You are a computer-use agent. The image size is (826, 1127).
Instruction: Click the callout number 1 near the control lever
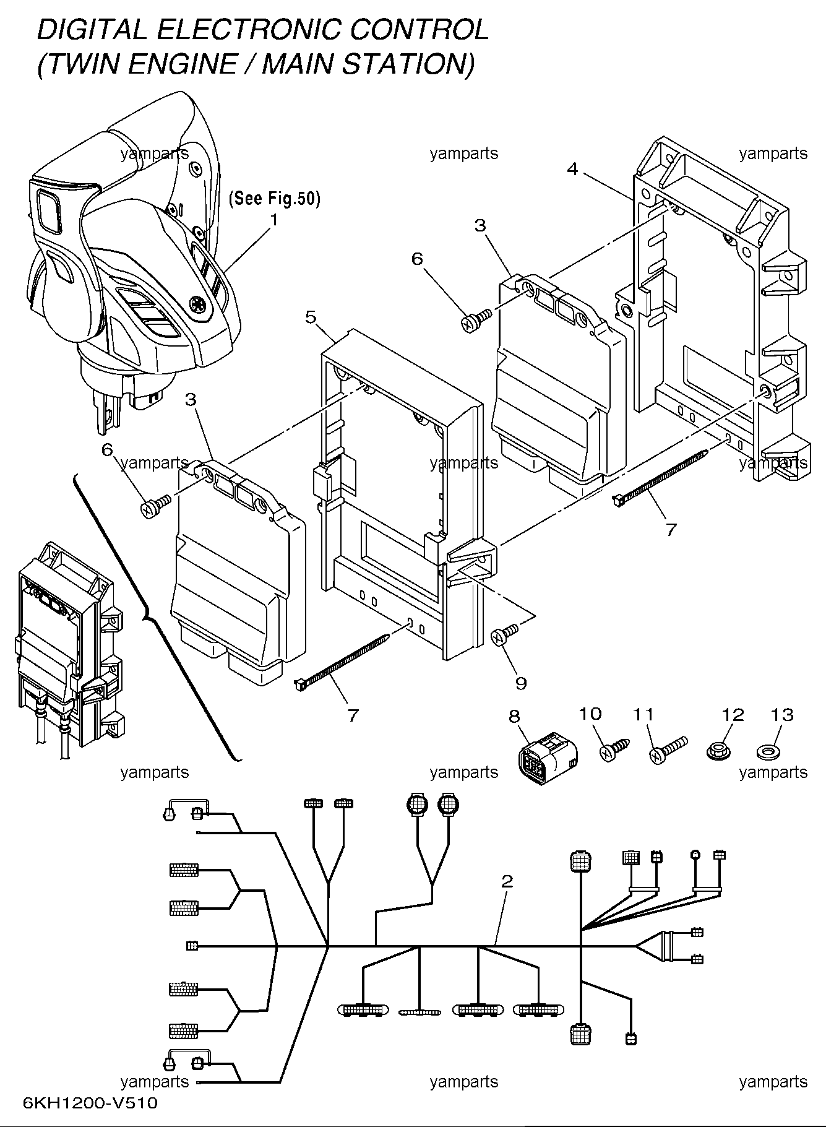pos(273,219)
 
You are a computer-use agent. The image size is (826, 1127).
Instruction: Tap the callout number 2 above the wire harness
pos(507,881)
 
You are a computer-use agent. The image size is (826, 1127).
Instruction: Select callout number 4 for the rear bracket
pos(572,168)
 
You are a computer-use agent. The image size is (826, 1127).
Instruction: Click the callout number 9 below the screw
pos(521,683)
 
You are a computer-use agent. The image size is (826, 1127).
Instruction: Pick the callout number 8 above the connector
pos(515,716)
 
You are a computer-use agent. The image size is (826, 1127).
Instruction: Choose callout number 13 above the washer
pos(782,715)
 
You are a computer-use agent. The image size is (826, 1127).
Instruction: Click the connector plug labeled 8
pos(548,758)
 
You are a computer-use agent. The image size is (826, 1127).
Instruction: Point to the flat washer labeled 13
pos(768,753)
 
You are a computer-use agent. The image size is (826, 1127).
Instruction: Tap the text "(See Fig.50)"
pos(275,199)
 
